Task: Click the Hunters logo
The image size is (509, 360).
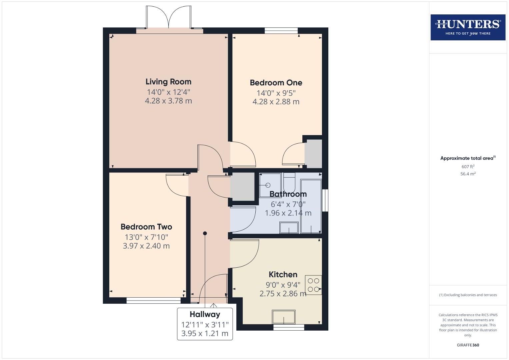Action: [x=468, y=27]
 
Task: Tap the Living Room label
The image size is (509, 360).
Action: [x=168, y=82]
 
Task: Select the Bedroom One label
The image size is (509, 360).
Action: [x=276, y=83]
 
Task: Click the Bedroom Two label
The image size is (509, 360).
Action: [x=146, y=227]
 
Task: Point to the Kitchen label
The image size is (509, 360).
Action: [x=283, y=274]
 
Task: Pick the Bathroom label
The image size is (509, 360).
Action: [x=288, y=194]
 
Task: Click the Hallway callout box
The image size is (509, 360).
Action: [x=205, y=324]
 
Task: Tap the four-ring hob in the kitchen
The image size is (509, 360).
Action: [x=313, y=285]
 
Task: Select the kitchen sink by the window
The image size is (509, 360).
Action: [x=284, y=317]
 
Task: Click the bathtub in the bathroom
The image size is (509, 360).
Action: [x=311, y=206]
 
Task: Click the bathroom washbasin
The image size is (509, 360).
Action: [x=289, y=228]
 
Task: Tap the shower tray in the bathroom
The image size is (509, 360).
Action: [x=270, y=185]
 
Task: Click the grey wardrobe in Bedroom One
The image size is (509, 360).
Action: [x=313, y=154]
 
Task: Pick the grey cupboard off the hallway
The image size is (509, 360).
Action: [x=243, y=187]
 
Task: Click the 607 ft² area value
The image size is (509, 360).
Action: [x=468, y=167]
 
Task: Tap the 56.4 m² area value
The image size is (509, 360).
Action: [x=468, y=174]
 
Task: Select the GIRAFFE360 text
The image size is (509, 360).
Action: [x=468, y=345]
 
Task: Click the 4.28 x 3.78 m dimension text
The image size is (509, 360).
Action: [x=168, y=101]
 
